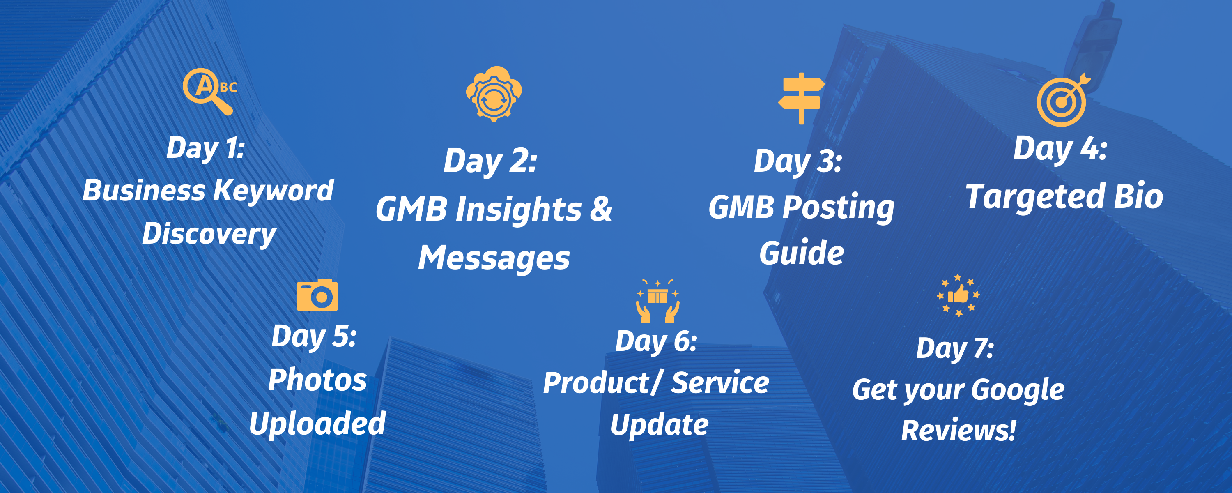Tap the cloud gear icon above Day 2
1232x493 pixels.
(x=494, y=94)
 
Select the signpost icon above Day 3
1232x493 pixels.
(x=801, y=99)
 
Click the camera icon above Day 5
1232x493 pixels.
(x=317, y=295)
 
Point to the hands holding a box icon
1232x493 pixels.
(x=657, y=301)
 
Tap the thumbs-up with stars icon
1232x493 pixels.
(x=958, y=295)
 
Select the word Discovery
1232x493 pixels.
(x=209, y=235)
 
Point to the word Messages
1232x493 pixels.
(x=494, y=258)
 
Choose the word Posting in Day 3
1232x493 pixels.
(x=839, y=208)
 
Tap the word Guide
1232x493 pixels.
(x=802, y=253)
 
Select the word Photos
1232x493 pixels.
(x=317, y=380)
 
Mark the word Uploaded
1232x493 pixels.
(x=317, y=424)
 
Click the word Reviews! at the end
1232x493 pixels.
(x=958, y=430)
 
